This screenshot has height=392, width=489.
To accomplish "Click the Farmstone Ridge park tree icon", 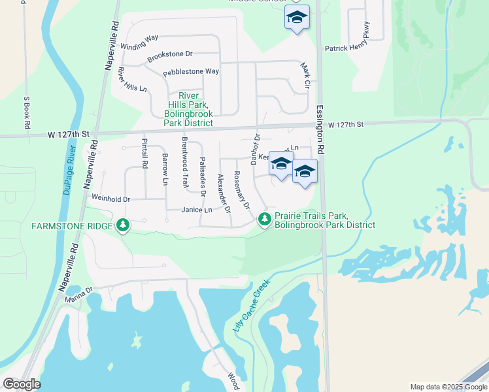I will pos(122,226).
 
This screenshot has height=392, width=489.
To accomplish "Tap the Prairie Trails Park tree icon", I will pos(265,220).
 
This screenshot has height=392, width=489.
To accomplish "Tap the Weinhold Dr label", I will pos(111,198).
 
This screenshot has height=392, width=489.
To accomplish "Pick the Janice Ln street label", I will pos(197,210).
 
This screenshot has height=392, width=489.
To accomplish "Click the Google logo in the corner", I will pos(22,384).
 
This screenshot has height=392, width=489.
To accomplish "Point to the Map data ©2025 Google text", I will pos(448,387).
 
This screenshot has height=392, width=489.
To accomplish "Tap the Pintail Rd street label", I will pos(145,151).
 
